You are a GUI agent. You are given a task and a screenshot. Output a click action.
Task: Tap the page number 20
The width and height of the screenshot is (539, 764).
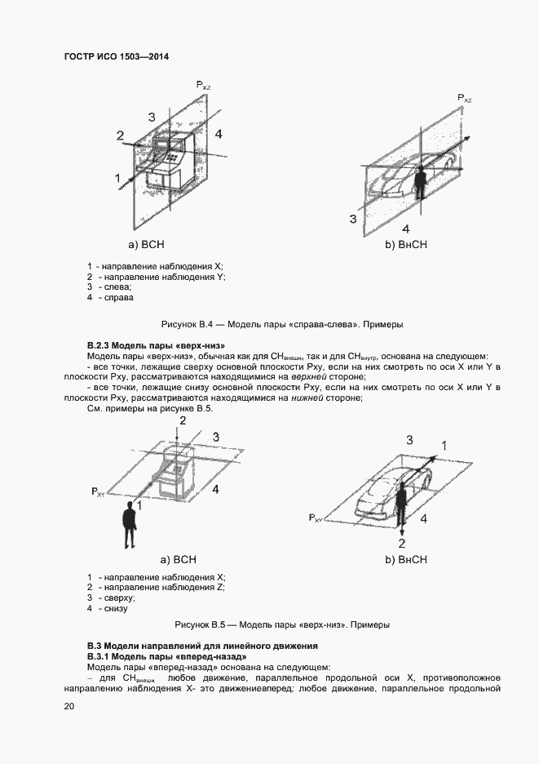pyautogui.click(x=69, y=706)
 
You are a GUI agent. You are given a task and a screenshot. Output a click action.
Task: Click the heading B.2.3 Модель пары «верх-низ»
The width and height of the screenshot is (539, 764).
pyautogui.click(x=155, y=345)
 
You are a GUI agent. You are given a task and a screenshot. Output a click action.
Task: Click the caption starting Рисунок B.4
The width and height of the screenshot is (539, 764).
pyautogui.click(x=283, y=324)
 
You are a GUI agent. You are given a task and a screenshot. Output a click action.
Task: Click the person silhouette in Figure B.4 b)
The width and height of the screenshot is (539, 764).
pyautogui.click(x=420, y=184)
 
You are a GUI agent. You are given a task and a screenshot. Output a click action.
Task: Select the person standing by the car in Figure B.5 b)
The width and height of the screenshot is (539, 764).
pyautogui.click(x=400, y=506)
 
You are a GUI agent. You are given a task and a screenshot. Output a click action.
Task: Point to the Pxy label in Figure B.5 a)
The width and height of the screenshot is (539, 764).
pyautogui.click(x=97, y=491)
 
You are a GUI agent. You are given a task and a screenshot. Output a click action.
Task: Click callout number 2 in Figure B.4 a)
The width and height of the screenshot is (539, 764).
pyautogui.click(x=120, y=135)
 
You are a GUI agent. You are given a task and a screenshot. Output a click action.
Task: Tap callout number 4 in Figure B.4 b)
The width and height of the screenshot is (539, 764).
pyautogui.click(x=405, y=229)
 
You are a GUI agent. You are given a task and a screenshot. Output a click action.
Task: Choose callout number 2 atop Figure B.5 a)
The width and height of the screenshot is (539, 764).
pyautogui.click(x=183, y=420)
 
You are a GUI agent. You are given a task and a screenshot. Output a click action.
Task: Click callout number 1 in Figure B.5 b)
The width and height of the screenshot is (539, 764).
pyautogui.click(x=444, y=445)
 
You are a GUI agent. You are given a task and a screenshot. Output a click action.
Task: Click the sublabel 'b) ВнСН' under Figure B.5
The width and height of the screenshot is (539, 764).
pyautogui.click(x=406, y=560)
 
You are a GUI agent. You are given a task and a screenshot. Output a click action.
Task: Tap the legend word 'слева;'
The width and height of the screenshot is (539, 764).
pyautogui.click(x=117, y=287)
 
